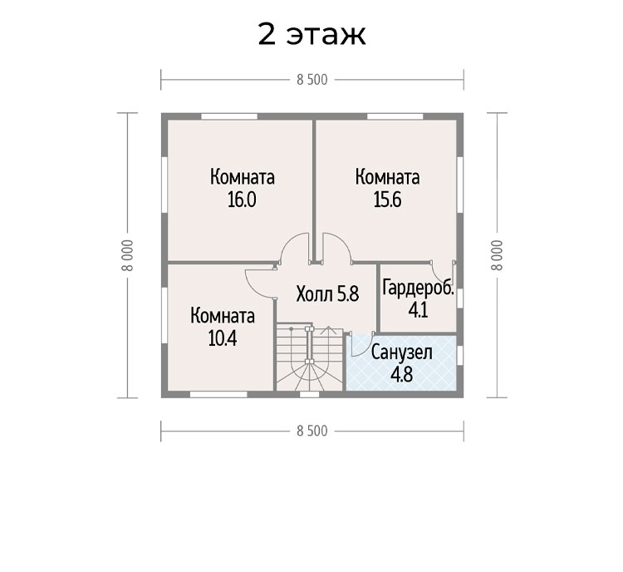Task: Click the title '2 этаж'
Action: point(311,34)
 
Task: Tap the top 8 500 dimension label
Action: point(311,80)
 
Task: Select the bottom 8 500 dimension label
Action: point(311,431)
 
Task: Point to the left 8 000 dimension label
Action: point(128,255)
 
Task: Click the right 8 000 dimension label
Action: point(497,255)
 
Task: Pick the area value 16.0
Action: point(242,200)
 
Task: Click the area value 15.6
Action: point(387,200)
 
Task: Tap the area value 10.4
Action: point(223,338)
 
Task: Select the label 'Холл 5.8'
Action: point(328,295)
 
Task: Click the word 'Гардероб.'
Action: point(418,288)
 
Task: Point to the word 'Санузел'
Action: point(402,353)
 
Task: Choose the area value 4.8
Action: point(402,374)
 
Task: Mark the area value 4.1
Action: point(418,310)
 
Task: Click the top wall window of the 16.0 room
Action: point(229,116)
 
